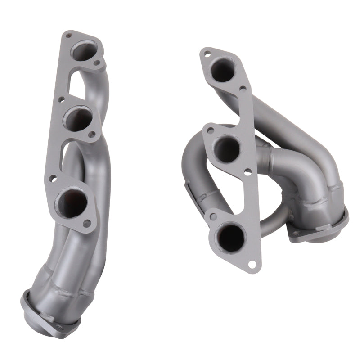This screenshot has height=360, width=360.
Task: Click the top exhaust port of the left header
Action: click(85, 50)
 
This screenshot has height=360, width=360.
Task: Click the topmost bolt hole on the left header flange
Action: click(68, 35)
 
